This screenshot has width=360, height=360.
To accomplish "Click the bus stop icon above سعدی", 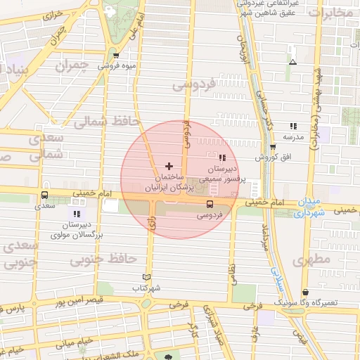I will tap(45, 195).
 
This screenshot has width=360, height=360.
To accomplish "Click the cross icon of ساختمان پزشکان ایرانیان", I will tap(167, 165).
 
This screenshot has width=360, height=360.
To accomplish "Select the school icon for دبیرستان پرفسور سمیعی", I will tap(223, 158).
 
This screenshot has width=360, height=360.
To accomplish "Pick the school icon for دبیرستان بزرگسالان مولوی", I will tap(76, 213).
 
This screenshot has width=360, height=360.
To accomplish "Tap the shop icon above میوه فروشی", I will tap(115, 55).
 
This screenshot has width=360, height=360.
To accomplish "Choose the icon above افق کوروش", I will tap(273, 147).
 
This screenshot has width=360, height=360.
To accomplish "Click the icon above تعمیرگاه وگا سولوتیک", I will tap(305, 292).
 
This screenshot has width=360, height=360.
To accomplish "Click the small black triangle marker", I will tap(292, 62).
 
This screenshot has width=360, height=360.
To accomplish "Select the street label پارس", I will tap(15, 309).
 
